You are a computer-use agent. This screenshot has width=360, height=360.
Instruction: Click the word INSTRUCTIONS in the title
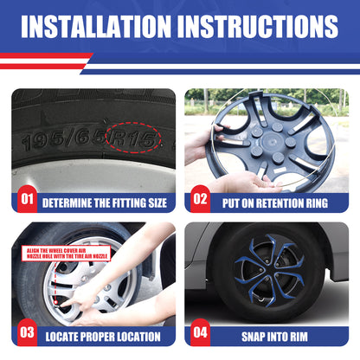click(x=263, y=27)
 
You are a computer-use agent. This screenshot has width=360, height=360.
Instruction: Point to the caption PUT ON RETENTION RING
click(x=276, y=203)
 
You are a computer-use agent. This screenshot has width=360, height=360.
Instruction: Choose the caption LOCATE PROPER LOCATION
click(x=103, y=337)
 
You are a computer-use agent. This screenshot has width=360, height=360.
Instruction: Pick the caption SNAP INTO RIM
click(x=276, y=337)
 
